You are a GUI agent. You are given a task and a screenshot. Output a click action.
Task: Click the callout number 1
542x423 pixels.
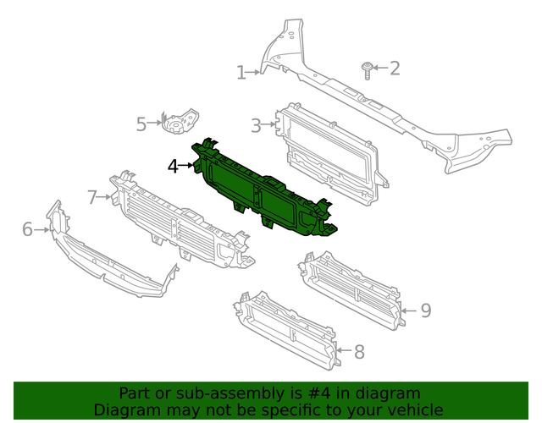(241, 73)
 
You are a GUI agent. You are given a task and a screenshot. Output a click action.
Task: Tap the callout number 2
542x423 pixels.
(395, 68)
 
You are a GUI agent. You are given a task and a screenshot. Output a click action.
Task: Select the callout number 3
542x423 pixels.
(255, 126)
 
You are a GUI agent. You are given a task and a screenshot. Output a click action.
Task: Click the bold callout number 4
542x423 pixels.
(173, 167)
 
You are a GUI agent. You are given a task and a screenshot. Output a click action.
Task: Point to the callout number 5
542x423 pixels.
(141, 124)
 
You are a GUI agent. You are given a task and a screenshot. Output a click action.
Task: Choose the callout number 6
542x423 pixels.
(27, 228)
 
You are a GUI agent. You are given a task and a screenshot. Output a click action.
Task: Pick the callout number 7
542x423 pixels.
(92, 198)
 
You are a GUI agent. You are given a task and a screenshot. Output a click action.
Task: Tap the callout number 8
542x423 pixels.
(359, 352)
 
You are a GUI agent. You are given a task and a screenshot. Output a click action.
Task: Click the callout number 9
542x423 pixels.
(425, 310)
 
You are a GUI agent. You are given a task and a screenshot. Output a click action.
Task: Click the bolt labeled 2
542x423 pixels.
(366, 69)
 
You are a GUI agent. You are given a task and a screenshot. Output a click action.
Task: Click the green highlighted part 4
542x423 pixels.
(263, 190)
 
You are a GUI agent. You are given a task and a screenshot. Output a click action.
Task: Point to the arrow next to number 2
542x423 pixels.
(380, 68)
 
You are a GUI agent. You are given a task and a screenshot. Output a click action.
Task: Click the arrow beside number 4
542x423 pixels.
(187, 167)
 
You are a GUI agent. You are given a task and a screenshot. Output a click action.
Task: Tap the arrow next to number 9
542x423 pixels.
(408, 310)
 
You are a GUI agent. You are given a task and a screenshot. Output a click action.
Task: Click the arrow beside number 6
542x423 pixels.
(41, 228)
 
